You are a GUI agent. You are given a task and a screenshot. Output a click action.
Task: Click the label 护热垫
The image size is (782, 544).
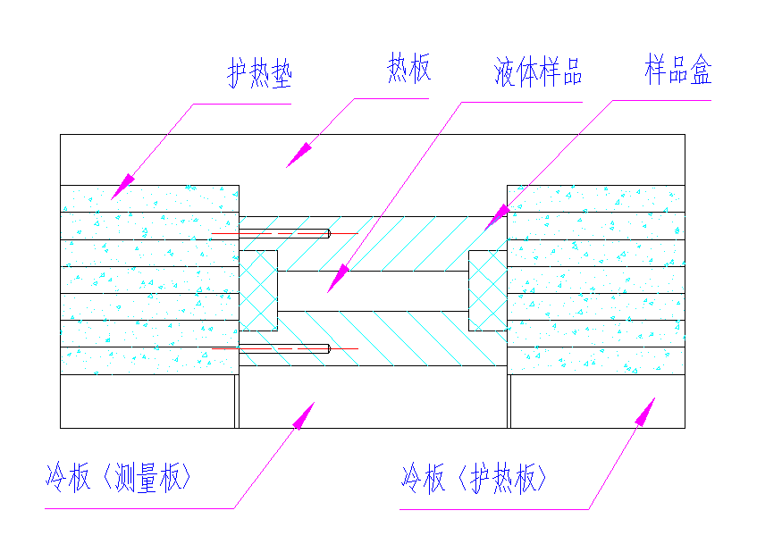pyautogui.click(x=259, y=75)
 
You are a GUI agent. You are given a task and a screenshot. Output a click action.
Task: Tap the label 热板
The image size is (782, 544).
pyautogui.click(x=409, y=69)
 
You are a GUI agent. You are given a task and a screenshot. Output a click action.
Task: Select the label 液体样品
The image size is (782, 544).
pyautogui.click(x=538, y=72)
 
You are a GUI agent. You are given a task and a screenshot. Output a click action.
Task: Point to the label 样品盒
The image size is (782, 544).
pyautogui.click(x=678, y=71)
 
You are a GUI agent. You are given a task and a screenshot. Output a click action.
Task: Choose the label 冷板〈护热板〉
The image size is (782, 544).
pyautogui.click(x=474, y=480)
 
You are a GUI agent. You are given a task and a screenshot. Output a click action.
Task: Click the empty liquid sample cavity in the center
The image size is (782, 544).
pyautogui.click(x=373, y=290)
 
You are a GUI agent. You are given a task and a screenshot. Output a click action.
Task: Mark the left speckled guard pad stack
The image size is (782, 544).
pyautogui.click(x=149, y=280)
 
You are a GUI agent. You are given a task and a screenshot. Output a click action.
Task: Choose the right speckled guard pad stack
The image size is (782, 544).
pyautogui.click(x=595, y=280)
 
